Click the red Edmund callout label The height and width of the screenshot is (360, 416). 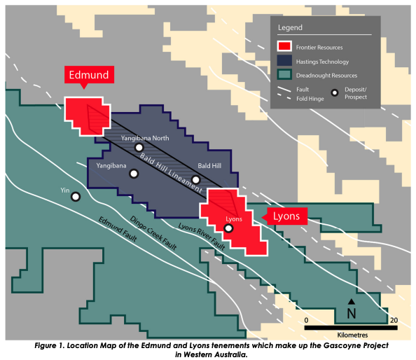[x=89, y=75]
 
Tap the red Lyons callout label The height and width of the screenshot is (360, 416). [x=286, y=216]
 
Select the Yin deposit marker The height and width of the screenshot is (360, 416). [x=76, y=197]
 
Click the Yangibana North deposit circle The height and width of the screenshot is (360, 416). [x=139, y=148]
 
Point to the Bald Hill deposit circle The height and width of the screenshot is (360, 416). [x=196, y=180]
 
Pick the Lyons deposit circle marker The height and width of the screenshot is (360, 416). [x=228, y=228]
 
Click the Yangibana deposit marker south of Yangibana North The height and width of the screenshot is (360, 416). [x=134, y=174]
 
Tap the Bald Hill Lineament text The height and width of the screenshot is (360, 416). [x=171, y=173]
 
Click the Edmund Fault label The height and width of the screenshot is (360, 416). [x=118, y=229]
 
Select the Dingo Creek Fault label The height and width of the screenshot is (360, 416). [x=153, y=233]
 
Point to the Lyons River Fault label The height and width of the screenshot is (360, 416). [x=202, y=236]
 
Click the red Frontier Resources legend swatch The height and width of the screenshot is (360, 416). [x=284, y=46]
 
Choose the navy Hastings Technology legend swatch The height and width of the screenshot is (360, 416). [x=284, y=60]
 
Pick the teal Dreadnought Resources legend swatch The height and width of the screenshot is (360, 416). [x=284, y=74]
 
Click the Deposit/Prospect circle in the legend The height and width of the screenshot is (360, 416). [x=335, y=93]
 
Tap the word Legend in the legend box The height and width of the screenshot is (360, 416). [x=290, y=27]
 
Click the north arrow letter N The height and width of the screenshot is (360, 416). [x=352, y=314]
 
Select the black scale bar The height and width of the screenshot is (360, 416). [x=351, y=328]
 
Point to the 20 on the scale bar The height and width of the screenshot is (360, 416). [x=394, y=321]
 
